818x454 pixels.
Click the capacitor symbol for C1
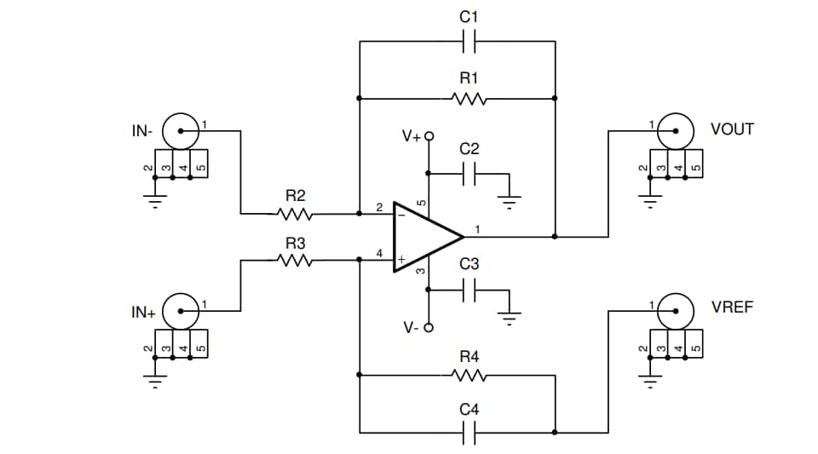pyautogui.click(x=469, y=41)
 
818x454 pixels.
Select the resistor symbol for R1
pyautogui.click(x=469, y=99)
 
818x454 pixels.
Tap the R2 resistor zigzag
pyautogui.click(x=295, y=214)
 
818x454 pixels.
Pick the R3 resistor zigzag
pyautogui.click(x=295, y=261)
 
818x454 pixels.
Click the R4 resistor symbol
pyautogui.click(x=469, y=375)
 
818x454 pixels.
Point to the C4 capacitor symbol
pyautogui.click(x=469, y=433)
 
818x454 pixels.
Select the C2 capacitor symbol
pyautogui.click(x=469, y=175)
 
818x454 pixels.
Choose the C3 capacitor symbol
pyautogui.click(x=469, y=290)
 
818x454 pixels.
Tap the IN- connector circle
pyautogui.click(x=181, y=130)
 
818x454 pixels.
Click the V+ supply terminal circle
pyautogui.click(x=429, y=135)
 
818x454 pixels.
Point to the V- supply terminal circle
pyautogui.click(x=429, y=328)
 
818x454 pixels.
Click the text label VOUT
pyautogui.click(x=732, y=129)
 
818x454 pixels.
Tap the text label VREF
pyautogui.click(x=732, y=307)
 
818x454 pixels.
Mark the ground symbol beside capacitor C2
pyautogui.click(x=509, y=201)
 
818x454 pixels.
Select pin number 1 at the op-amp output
pyautogui.click(x=477, y=229)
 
